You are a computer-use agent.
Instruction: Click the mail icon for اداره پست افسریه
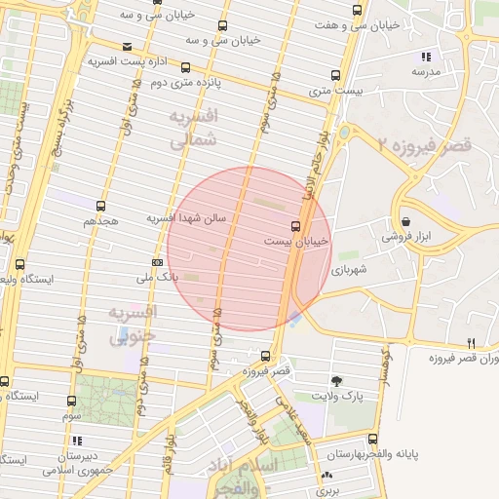[x=128, y=46]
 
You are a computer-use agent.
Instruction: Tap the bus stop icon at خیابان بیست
[x=296, y=225]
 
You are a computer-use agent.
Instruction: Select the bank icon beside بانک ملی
[x=157, y=262]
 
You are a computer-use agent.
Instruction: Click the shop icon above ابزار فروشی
[x=405, y=221]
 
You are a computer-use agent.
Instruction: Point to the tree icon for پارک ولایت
[x=337, y=380]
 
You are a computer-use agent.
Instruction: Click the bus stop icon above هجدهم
[x=100, y=206]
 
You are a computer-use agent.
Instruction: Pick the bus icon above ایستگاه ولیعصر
[x=20, y=264]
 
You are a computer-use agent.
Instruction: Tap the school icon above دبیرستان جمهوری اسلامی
[x=77, y=441]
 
